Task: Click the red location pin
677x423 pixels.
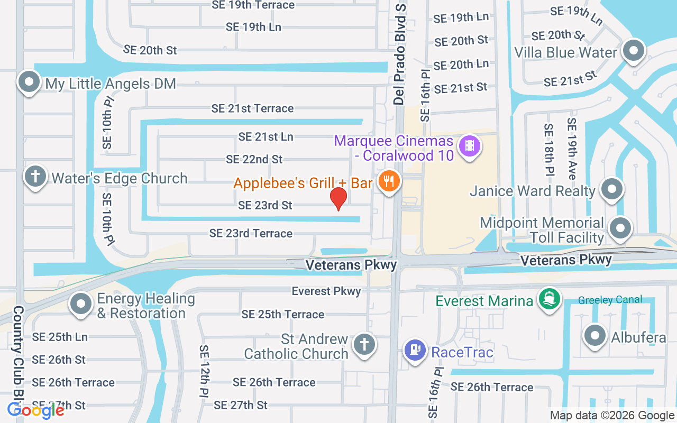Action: (338, 198)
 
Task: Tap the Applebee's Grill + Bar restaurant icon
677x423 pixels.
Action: (389, 182)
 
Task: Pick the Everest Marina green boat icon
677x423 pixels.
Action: (550, 300)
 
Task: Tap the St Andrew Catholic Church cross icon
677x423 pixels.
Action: (364, 345)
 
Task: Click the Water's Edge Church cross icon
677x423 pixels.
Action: (35, 177)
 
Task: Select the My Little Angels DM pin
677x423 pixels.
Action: (29, 82)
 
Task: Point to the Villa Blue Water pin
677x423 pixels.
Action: (633, 51)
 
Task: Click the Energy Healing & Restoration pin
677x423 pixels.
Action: (81, 305)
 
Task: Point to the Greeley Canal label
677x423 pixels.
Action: (610, 300)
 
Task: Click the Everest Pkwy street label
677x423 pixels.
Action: (326, 291)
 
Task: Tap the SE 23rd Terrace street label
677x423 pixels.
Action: (251, 233)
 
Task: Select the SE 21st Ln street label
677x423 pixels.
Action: (266, 136)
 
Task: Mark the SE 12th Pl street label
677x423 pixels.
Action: (205, 371)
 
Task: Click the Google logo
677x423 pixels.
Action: (35, 410)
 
